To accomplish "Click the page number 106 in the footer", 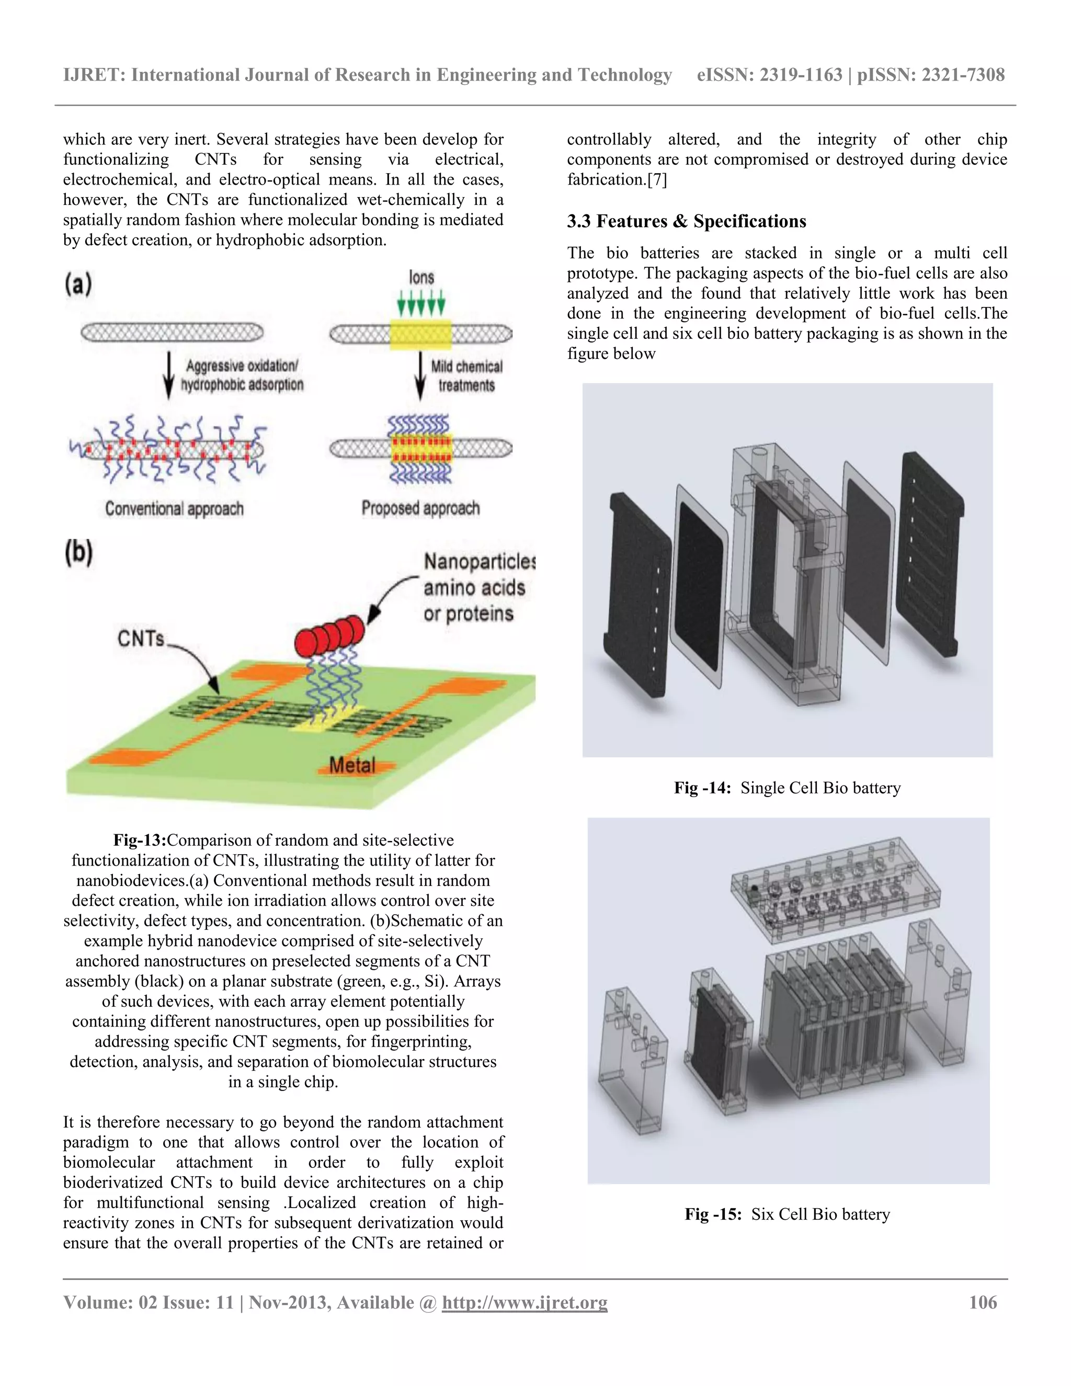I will [x=982, y=1303].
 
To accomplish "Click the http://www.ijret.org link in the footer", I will [x=524, y=1303].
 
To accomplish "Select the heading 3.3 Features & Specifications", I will [x=686, y=221].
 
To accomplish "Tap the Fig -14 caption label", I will [x=702, y=788].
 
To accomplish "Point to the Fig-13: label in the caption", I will [x=140, y=840].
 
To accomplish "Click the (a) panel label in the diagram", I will [x=78, y=283].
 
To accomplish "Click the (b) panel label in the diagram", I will [x=78, y=552].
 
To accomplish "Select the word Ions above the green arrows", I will [x=421, y=277].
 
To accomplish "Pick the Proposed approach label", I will [x=420, y=508].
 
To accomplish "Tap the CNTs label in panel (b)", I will [x=140, y=639].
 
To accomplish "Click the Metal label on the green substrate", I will [x=352, y=765].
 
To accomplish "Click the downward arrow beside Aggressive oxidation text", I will [x=168, y=375].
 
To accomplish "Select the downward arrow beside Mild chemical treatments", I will [x=420, y=375].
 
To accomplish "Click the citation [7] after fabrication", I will [x=656, y=179].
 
